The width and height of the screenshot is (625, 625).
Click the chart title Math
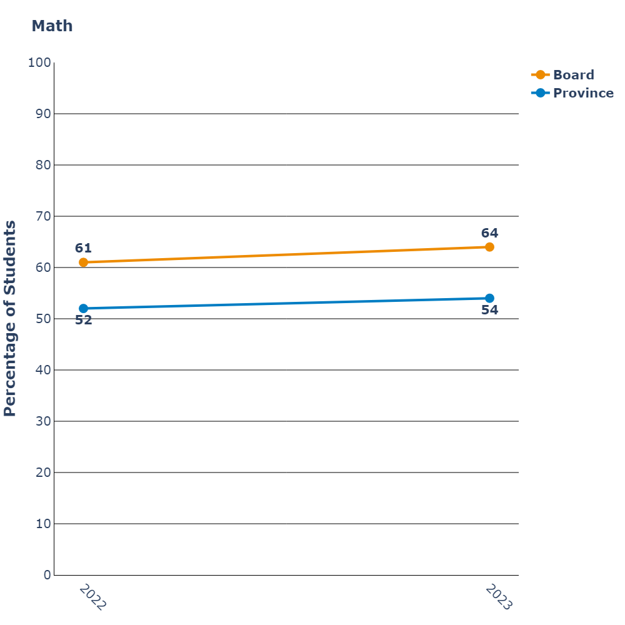click(52, 26)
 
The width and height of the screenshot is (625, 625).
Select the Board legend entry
click(573, 75)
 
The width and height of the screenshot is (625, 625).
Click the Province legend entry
click(583, 93)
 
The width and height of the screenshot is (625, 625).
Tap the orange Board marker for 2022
click(83, 262)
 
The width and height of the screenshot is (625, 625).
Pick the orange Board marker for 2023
click(489, 247)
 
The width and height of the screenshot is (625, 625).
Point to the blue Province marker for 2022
click(83, 308)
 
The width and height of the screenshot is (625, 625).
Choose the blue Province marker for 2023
click(489, 298)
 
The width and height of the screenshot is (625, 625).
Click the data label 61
click(83, 248)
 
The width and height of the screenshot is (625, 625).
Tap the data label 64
click(489, 233)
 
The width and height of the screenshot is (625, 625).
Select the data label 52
click(83, 321)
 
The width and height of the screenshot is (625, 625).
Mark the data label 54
click(489, 310)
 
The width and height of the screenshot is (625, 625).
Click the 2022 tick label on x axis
click(93, 597)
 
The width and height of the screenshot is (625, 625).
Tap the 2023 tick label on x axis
click(499, 597)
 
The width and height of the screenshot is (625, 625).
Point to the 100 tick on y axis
click(39, 62)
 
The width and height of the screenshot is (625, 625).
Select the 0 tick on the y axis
click(47, 575)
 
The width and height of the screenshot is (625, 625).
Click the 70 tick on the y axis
click(42, 216)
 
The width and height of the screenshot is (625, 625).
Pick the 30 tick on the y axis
click(42, 421)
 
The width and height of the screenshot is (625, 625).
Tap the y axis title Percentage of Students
click(10, 319)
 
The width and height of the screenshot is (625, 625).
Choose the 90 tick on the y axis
click(42, 114)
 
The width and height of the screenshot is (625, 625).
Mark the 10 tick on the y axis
click(42, 524)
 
